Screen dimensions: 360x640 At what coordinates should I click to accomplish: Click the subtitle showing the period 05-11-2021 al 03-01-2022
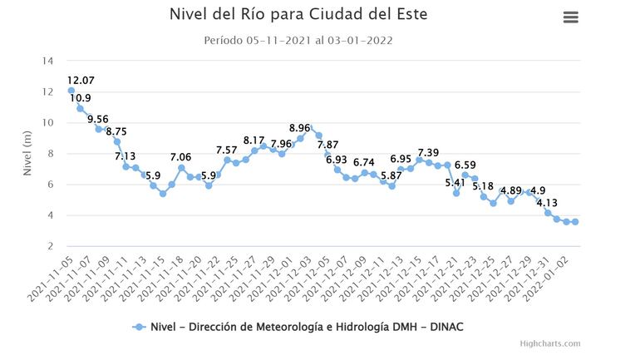(x=298, y=40)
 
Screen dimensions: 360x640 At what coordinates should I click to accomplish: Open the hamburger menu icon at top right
(x=570, y=17)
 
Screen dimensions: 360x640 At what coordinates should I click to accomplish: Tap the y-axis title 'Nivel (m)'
(x=27, y=153)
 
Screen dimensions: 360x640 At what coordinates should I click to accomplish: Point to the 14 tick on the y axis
(x=48, y=61)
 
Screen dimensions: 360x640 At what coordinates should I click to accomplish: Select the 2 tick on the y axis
(x=51, y=246)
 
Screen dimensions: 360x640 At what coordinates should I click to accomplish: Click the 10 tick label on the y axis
(x=48, y=122)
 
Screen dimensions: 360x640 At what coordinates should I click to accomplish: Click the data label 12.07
(x=81, y=80)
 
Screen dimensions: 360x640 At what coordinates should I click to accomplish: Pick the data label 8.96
(x=299, y=128)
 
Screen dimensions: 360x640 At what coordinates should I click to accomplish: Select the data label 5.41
(x=455, y=183)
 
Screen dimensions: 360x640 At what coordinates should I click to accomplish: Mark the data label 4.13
(x=547, y=203)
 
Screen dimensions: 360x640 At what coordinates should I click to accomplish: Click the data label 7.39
(x=428, y=152)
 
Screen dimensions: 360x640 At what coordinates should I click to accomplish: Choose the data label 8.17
(x=254, y=141)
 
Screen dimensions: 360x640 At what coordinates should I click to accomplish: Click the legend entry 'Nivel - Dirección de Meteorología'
(x=304, y=327)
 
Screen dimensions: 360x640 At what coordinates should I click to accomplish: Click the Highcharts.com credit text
(x=550, y=343)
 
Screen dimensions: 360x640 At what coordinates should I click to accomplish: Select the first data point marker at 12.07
(x=71, y=91)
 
